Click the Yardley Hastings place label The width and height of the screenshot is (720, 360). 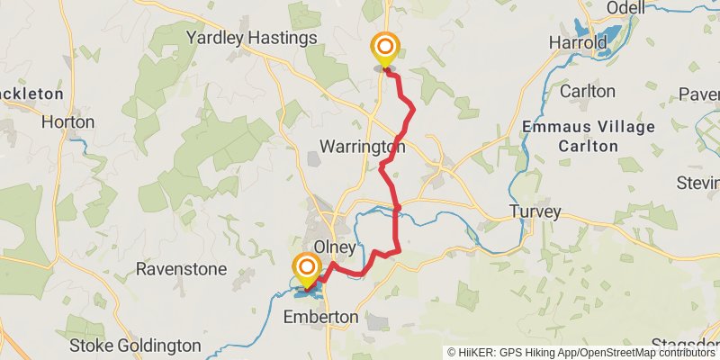[251, 38]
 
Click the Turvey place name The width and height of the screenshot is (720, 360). [535, 212]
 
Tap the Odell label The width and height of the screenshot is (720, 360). [626, 8]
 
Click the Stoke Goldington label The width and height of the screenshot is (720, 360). [135, 346]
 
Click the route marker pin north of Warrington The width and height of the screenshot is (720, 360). [385, 49]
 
